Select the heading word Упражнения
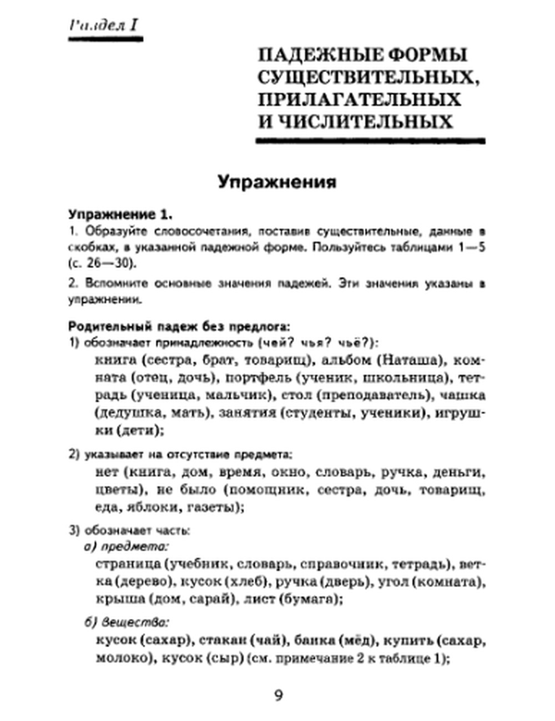click(x=277, y=182)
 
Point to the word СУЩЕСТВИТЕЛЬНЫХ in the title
click(x=367, y=77)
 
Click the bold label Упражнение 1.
click(x=120, y=214)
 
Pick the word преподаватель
click(x=371, y=395)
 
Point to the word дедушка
click(x=124, y=413)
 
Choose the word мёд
click(x=349, y=641)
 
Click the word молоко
click(x=118, y=658)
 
